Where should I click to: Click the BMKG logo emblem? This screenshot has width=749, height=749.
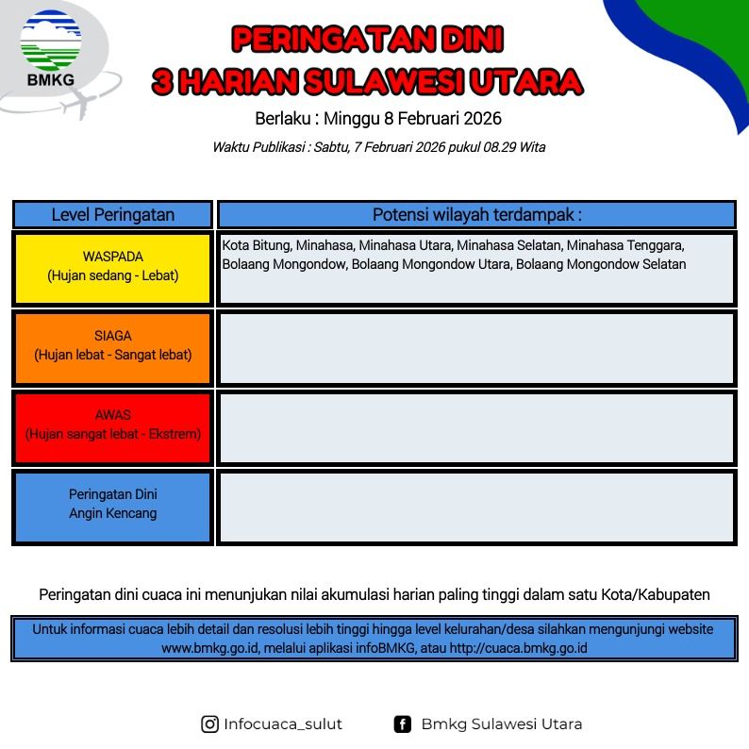[x=51, y=42]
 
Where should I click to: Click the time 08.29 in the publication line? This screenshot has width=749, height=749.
[x=500, y=147]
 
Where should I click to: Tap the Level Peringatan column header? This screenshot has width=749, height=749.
[x=113, y=215]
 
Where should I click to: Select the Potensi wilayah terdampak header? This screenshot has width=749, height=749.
[x=476, y=215]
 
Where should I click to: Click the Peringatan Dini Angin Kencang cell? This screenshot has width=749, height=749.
[x=113, y=507]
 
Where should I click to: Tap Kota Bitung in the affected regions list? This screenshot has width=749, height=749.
[x=257, y=245]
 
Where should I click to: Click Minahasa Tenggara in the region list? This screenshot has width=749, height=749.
[x=625, y=245]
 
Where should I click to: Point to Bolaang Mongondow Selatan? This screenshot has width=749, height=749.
[x=601, y=264]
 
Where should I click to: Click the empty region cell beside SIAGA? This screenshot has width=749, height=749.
[x=476, y=348]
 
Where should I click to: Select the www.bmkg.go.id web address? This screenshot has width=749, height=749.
[x=210, y=648]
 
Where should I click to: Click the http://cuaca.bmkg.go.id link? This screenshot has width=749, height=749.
[x=518, y=648]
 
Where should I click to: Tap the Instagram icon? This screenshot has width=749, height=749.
[x=209, y=724]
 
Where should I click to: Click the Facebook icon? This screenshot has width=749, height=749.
[x=403, y=724]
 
